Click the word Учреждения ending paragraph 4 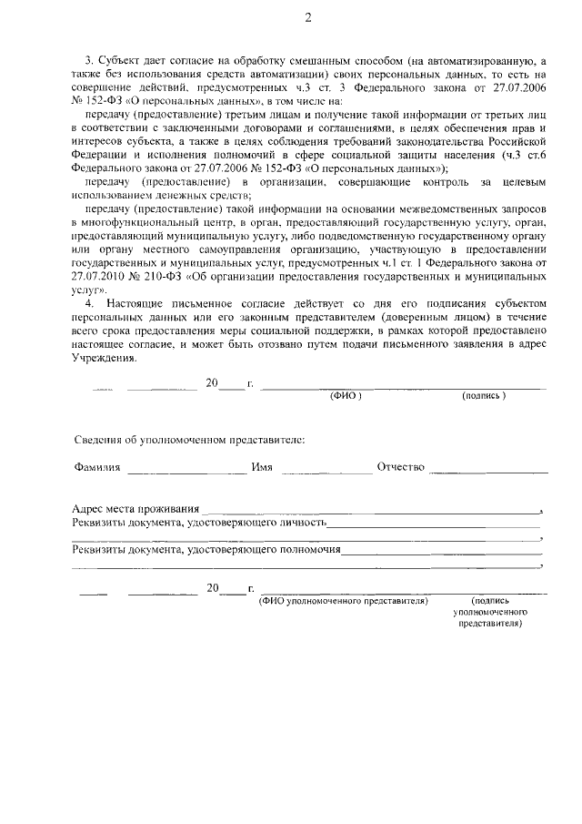tap(103, 358)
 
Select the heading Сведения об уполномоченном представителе tap(189, 440)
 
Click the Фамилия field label tap(97, 468)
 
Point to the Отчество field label tap(401, 468)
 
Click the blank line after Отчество tap(489, 472)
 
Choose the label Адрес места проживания tap(135, 508)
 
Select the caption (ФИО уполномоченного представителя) tap(344, 602)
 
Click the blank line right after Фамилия tap(181, 472)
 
